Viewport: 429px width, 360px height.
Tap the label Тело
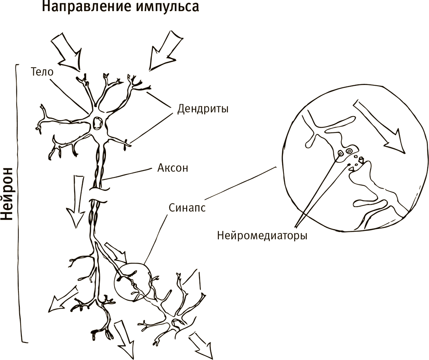42,72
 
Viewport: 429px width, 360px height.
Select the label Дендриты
203,109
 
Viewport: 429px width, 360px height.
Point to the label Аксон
172,168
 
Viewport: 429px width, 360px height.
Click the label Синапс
187,208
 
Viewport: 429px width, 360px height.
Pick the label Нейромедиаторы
262,235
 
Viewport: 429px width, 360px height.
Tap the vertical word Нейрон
7,194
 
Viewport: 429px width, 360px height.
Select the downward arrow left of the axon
76,202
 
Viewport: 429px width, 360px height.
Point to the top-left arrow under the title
66,52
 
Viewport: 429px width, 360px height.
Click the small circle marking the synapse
133,282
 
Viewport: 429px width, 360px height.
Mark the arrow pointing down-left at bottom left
63,298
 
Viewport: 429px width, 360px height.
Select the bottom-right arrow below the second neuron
201,345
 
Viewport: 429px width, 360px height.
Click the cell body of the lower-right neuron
174,323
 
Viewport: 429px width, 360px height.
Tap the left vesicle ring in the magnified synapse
341,153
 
